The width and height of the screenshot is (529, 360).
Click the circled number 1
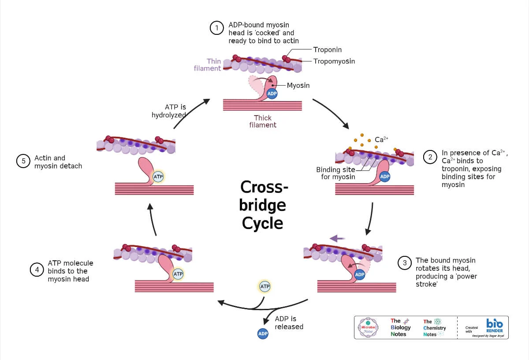[x=216, y=29]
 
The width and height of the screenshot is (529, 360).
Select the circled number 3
[x=404, y=263]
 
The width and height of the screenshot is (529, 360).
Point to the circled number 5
[x=23, y=161]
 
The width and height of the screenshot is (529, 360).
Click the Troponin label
[x=327, y=50]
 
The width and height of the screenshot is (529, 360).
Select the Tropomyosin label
[x=334, y=61]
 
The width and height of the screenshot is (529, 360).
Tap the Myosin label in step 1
[x=298, y=85]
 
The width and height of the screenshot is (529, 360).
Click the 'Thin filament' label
[x=208, y=65]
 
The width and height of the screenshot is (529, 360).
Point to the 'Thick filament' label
[x=263, y=121]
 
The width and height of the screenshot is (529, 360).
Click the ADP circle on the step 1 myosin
[x=272, y=93]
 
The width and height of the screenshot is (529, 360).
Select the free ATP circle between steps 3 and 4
[x=264, y=287]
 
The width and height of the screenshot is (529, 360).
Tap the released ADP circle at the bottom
[x=263, y=334]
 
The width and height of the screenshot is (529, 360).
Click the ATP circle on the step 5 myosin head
[x=158, y=177]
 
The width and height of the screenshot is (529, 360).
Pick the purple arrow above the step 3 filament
[x=337, y=239]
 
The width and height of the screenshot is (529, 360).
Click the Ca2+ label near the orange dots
[x=381, y=139]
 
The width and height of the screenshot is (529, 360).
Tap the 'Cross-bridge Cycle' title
[x=263, y=205]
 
